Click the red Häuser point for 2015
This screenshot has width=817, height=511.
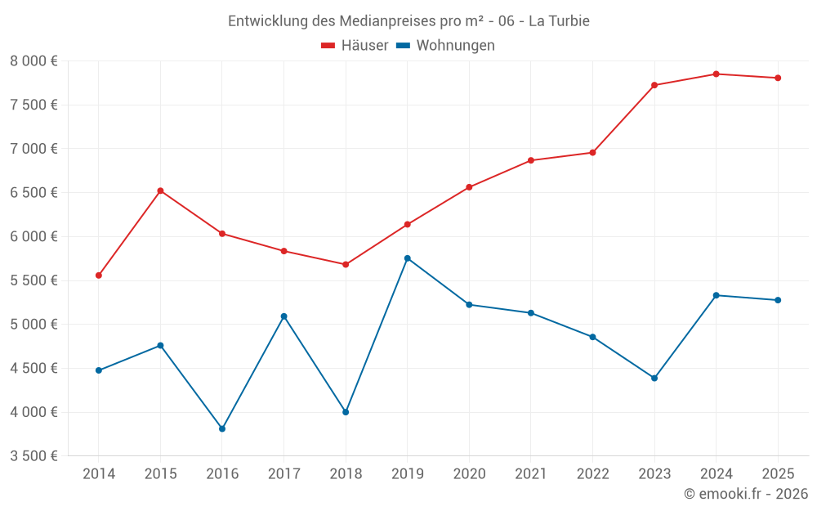pyautogui.click(x=160, y=191)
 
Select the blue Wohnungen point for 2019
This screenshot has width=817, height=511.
pyautogui.click(x=408, y=258)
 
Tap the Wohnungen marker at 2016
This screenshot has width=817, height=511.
pyautogui.click(x=222, y=428)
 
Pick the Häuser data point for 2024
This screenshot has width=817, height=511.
pyautogui.click(x=716, y=74)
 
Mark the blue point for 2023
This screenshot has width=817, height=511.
pyautogui.click(x=654, y=378)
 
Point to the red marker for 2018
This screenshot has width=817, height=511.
pyautogui.click(x=346, y=264)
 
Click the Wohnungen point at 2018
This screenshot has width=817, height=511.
pyautogui.click(x=346, y=412)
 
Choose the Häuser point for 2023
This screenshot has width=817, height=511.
pyautogui.click(x=654, y=85)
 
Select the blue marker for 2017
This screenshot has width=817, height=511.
pyautogui.click(x=283, y=316)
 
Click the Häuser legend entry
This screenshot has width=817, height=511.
pyautogui.click(x=355, y=46)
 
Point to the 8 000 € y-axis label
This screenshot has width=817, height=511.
pyautogui.click(x=33, y=61)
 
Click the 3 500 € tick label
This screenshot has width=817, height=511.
pyautogui.click(x=33, y=456)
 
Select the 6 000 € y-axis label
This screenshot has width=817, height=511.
pyautogui.click(x=33, y=237)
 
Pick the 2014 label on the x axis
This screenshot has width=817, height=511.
pyautogui.click(x=99, y=473)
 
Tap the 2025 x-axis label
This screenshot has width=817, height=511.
pyautogui.click(x=778, y=473)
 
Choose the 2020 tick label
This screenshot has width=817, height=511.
pyautogui.click(x=469, y=473)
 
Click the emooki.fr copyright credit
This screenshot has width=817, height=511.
pyautogui.click(x=746, y=494)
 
